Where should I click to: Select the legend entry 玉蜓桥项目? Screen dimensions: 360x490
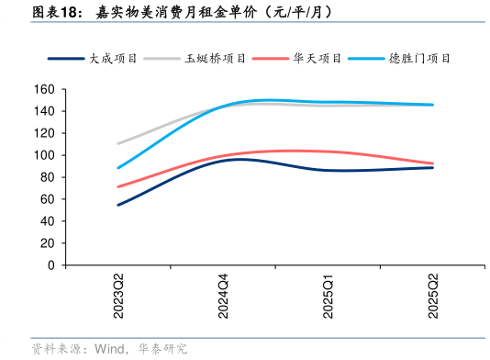click(x=216, y=58)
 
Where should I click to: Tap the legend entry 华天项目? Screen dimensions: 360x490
click(x=317, y=58)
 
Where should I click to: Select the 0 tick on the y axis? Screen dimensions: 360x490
click(x=51, y=265)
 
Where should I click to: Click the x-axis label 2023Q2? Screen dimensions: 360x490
click(x=119, y=296)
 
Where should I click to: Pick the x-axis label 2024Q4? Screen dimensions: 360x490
click(x=223, y=296)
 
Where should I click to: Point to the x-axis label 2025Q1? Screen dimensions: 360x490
click(x=329, y=296)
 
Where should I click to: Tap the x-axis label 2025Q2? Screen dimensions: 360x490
click(x=433, y=296)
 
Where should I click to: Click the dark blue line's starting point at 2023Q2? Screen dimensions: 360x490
click(x=118, y=205)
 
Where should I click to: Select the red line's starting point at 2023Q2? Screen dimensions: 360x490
click(x=118, y=186)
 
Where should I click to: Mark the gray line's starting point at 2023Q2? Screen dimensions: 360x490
click(x=118, y=143)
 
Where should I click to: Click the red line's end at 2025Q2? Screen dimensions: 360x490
click(x=433, y=163)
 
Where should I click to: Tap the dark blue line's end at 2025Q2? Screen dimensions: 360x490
click(x=433, y=168)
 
